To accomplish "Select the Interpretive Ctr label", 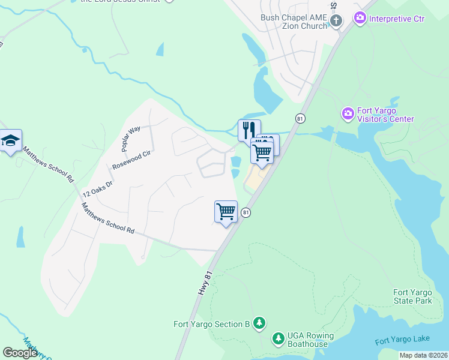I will pos(397,19).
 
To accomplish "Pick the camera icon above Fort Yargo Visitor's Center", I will pos(348,113).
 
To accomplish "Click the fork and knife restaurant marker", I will pos(249,130).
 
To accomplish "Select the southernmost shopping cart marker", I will pos(226,211).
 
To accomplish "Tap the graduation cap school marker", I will pos(10,140).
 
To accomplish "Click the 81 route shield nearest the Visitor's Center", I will pos(300,119).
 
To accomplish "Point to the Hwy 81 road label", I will pos(205,283).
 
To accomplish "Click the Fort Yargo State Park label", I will pos(413,296).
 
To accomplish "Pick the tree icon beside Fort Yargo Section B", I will pos(259,324).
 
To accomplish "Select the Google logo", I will pos(20,352).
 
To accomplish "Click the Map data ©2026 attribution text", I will pos(423,355).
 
